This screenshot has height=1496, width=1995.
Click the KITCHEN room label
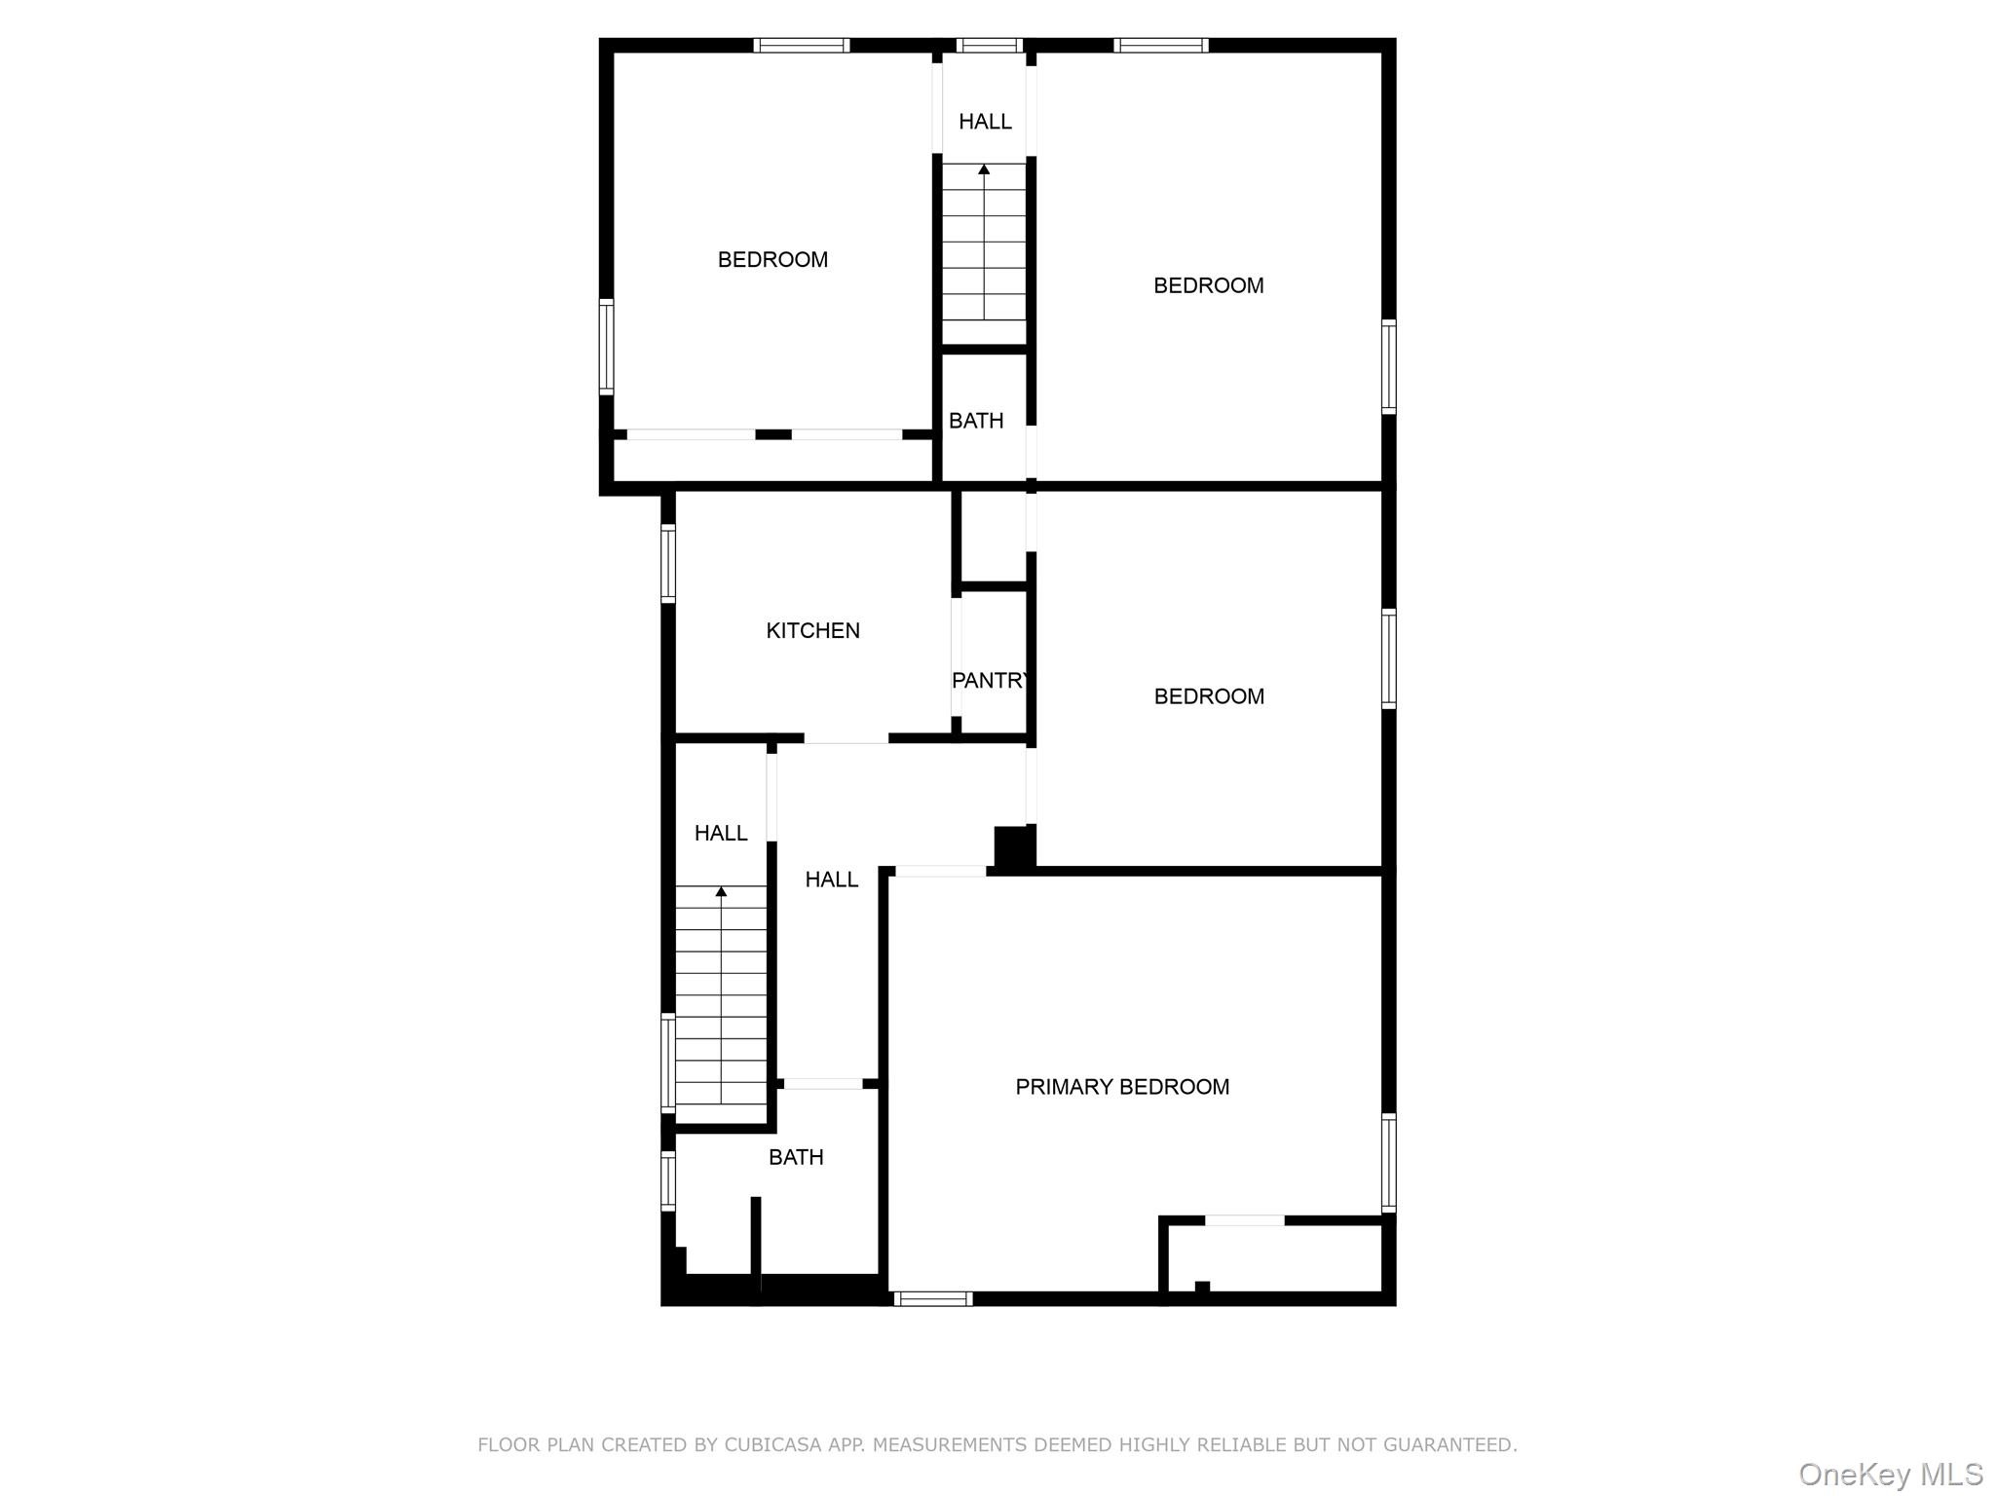point(812,631)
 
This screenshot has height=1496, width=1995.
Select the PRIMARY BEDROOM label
point(1122,1087)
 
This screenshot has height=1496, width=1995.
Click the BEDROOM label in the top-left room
point(772,260)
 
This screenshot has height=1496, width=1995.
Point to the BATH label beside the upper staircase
point(976,421)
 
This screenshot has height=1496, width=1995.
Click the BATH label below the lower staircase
point(796,1157)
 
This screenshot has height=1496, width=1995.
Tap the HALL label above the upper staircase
point(985,122)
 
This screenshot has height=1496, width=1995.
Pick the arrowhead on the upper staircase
point(984,169)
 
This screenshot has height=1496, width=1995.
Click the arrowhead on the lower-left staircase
point(721,891)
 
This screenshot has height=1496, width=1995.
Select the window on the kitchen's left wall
point(668,563)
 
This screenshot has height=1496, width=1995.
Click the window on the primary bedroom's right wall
point(1389,1162)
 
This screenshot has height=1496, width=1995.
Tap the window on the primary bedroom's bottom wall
point(933,1298)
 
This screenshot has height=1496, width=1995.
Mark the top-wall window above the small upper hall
point(989,45)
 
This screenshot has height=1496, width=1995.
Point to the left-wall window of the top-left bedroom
point(606,347)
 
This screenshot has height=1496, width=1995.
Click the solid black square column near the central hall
point(1013,844)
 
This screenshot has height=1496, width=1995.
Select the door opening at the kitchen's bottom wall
point(846,738)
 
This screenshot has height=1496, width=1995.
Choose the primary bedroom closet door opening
point(1245,1220)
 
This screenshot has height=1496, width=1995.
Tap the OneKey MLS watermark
point(1890,1475)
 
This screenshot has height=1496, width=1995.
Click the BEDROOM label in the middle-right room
point(1209,696)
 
